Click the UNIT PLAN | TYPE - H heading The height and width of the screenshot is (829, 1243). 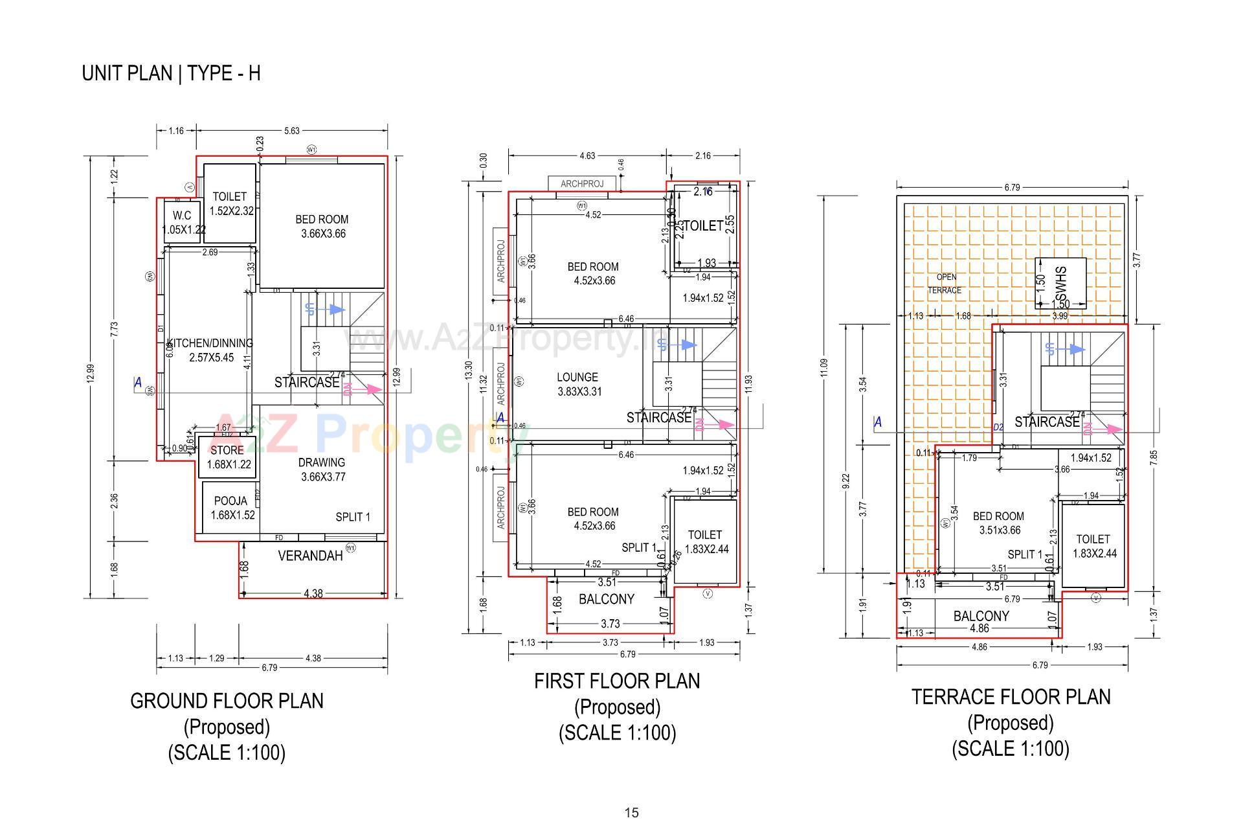point(171,73)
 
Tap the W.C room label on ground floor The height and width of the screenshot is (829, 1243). point(182,216)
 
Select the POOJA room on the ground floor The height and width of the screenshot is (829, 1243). point(230,501)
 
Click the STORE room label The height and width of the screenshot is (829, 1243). point(227,450)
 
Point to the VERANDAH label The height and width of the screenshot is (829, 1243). point(310,556)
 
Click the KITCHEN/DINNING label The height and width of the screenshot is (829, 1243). point(210,343)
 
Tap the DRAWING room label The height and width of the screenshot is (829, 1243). point(321,462)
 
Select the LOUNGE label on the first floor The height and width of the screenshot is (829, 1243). point(577,377)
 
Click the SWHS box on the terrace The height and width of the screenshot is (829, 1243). point(1060,282)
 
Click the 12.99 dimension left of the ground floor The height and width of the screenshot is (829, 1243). point(91,374)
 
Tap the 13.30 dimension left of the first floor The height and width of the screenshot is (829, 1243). point(469,372)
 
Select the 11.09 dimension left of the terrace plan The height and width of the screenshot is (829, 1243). point(823,368)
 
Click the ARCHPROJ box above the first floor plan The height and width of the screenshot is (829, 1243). point(581,184)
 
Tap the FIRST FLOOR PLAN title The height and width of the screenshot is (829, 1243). point(616,681)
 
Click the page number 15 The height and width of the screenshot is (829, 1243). point(631,813)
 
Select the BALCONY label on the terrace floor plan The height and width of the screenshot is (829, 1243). point(981,616)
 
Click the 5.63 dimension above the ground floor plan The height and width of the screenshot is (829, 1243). point(292,131)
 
